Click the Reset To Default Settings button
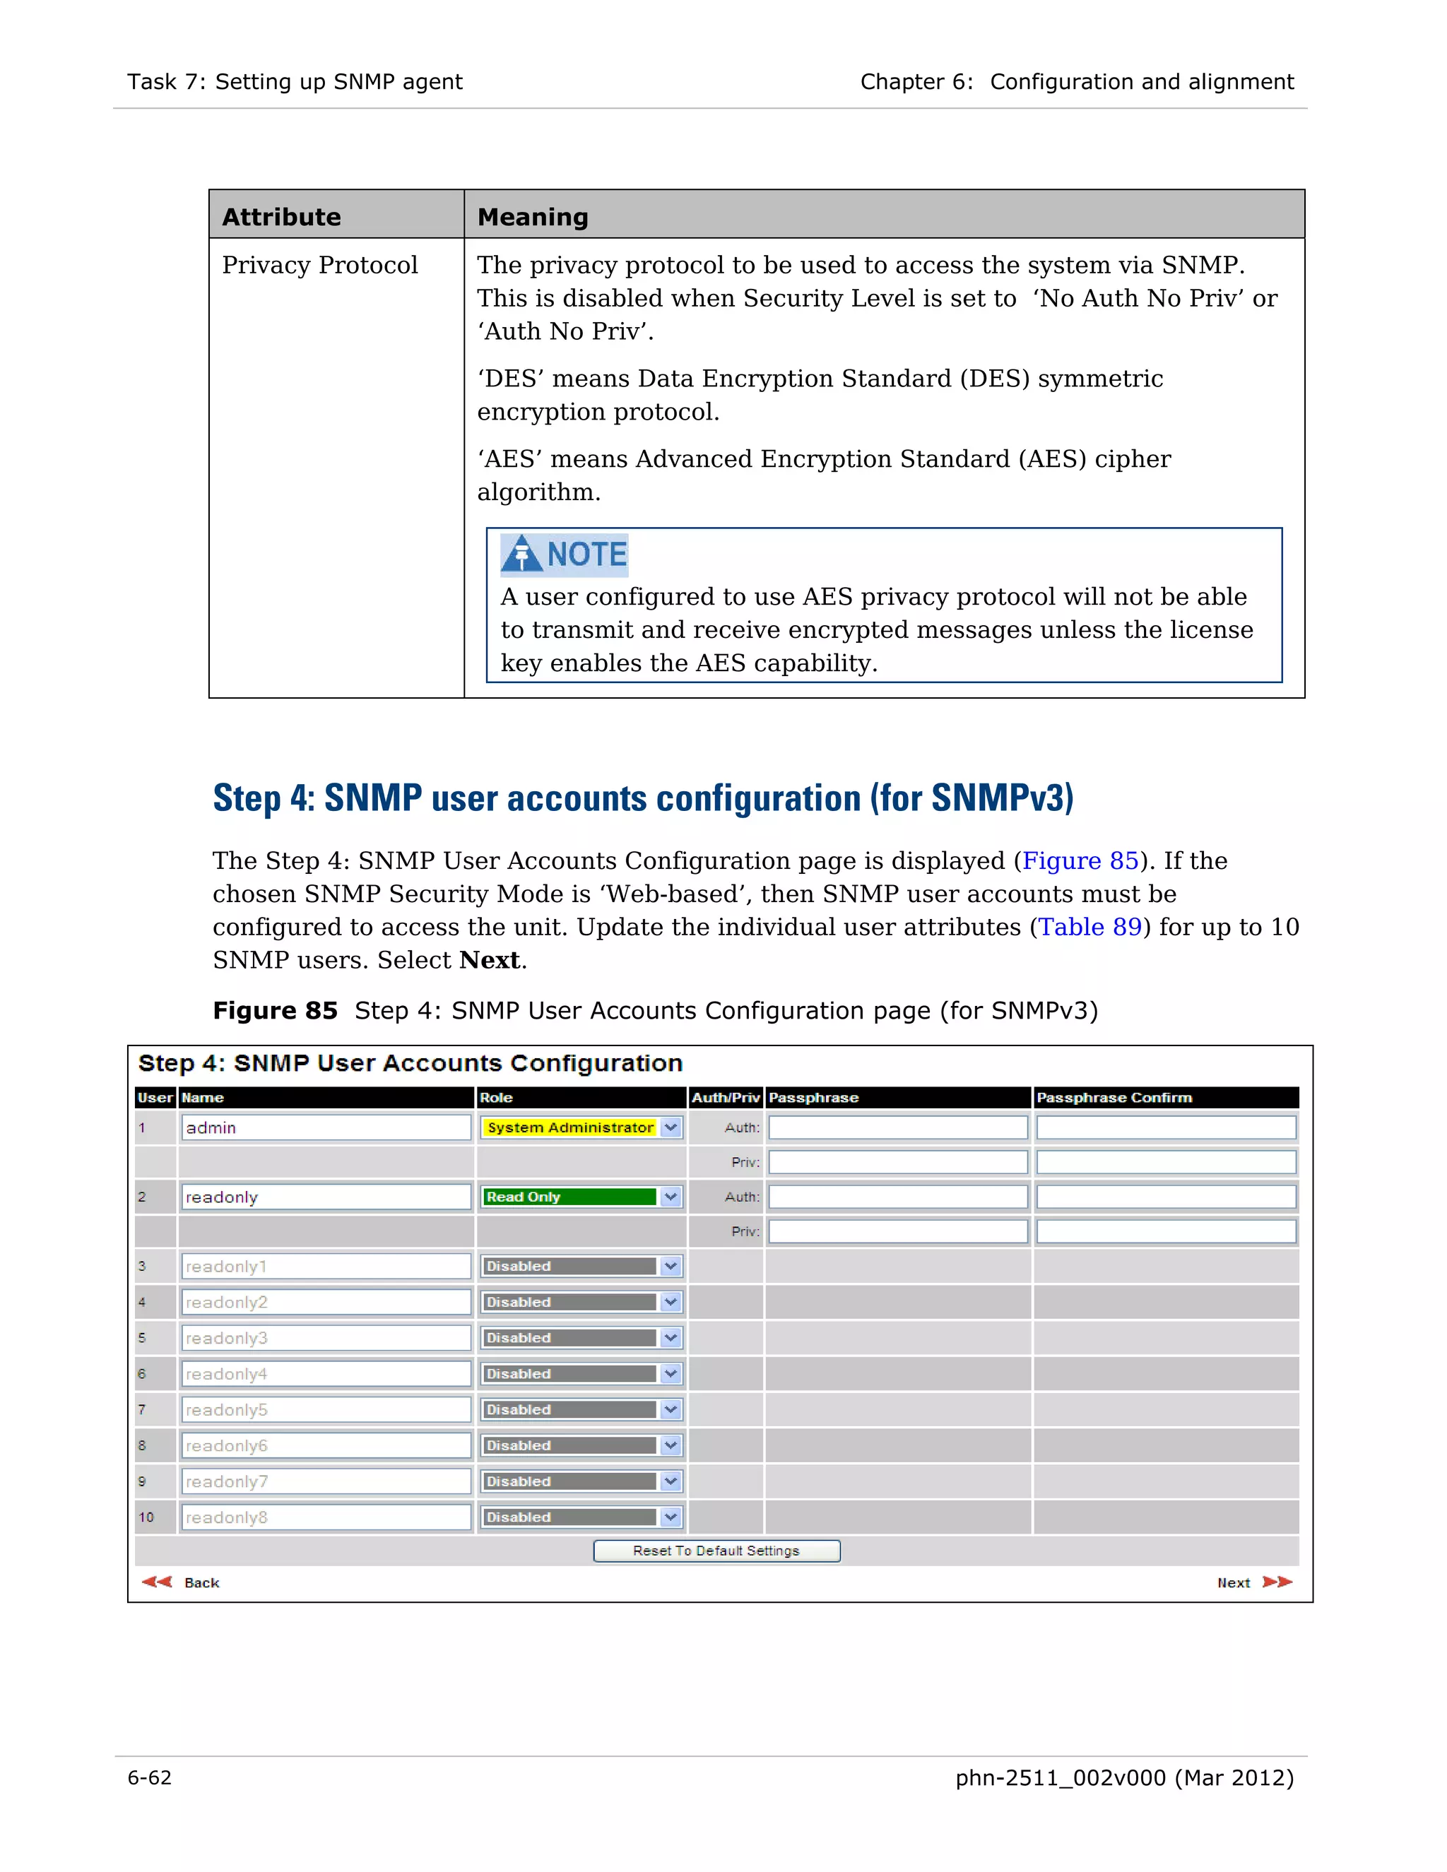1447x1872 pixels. pos(716,1551)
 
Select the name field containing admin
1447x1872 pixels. pos(326,1127)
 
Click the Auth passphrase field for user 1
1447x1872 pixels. pos(897,1127)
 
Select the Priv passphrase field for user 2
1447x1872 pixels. pos(897,1232)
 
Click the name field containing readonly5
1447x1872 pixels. pos(326,1410)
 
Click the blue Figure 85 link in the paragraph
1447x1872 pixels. pos(1080,860)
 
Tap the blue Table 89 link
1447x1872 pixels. pos(1089,927)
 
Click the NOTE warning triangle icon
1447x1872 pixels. pos(521,553)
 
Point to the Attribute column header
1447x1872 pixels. pos(282,217)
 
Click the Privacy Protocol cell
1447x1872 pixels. pos(320,265)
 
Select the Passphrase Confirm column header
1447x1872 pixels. pos(1114,1098)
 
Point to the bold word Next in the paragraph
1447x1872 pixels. pos(490,960)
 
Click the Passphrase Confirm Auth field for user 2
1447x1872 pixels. pos(1166,1197)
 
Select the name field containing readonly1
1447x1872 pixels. pos(326,1266)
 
